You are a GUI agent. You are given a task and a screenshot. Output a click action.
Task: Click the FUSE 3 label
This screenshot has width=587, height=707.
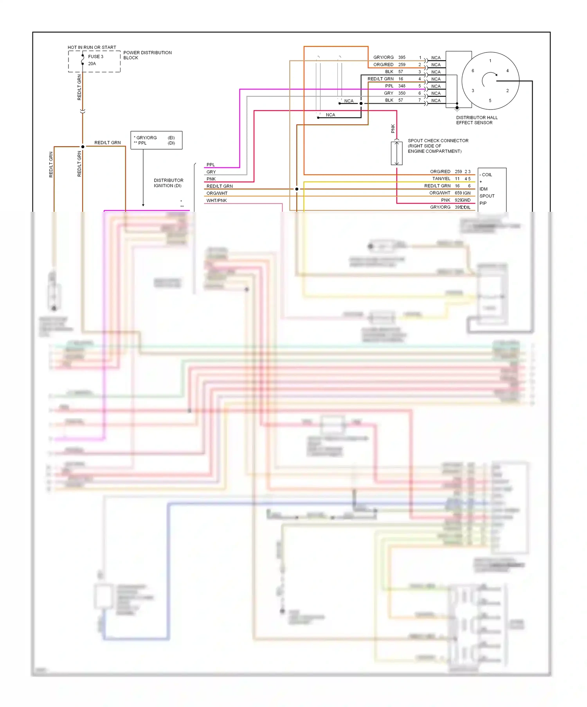pyautogui.click(x=95, y=57)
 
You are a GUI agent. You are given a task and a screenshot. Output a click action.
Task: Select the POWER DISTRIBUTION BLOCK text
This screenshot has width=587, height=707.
pyautogui.click(x=147, y=55)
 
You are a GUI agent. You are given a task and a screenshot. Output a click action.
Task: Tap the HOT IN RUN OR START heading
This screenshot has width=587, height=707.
pyautogui.click(x=92, y=47)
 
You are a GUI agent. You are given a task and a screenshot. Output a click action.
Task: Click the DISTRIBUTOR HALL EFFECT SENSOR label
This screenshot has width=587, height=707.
pyautogui.click(x=476, y=120)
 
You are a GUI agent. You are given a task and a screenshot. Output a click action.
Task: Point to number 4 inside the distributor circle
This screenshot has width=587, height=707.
pyautogui.click(x=507, y=71)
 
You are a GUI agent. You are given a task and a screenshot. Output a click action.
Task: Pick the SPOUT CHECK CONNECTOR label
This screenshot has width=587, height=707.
pyautogui.click(x=438, y=146)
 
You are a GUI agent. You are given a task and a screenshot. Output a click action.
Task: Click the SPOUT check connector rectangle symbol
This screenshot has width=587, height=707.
pyautogui.click(x=396, y=153)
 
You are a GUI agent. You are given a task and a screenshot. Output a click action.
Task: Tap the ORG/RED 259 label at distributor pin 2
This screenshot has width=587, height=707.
pyautogui.click(x=389, y=65)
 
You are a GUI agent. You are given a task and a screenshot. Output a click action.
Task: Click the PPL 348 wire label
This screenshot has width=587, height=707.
pyautogui.click(x=394, y=86)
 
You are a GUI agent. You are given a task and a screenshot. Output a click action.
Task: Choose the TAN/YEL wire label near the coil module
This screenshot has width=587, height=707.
pyautogui.click(x=441, y=179)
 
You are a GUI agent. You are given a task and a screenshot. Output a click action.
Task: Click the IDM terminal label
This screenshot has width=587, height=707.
pyautogui.click(x=483, y=189)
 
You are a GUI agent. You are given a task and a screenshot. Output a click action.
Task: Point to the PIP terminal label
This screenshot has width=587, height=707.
pyautogui.click(x=483, y=203)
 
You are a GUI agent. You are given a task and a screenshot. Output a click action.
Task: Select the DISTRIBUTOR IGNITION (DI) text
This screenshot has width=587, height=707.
pyautogui.click(x=168, y=183)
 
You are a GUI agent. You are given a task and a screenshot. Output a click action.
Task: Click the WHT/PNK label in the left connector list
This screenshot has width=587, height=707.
pyautogui.click(x=216, y=200)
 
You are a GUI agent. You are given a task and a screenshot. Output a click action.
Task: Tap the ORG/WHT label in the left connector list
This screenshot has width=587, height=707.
pyautogui.click(x=217, y=193)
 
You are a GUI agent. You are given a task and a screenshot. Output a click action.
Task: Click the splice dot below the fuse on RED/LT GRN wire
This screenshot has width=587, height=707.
pyautogui.click(x=83, y=147)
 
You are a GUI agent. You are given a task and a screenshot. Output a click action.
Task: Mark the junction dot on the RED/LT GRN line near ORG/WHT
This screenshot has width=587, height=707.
pyautogui.click(x=297, y=189)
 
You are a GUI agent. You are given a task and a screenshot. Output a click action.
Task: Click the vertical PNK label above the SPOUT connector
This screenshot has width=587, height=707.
pyautogui.click(x=393, y=128)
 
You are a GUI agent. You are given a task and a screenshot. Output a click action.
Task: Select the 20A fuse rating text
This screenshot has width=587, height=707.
pyautogui.click(x=92, y=64)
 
